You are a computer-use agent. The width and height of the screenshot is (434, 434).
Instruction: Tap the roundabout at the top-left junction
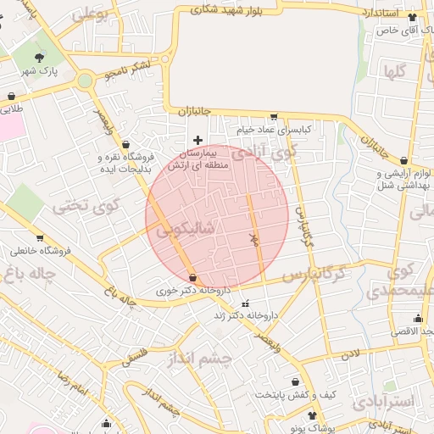coord(85,81)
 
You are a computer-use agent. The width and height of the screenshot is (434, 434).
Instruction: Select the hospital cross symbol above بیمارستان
coord(198,140)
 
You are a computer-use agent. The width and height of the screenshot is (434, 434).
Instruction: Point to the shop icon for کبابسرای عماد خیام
coord(274,118)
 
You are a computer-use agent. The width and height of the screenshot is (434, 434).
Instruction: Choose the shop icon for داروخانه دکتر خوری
coord(192,277)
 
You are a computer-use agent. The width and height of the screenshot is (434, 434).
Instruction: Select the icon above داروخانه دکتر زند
coord(246,303)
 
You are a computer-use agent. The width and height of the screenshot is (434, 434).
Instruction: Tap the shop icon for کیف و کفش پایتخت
coord(294,382)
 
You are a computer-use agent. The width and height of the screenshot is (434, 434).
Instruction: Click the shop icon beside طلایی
coord(11,96)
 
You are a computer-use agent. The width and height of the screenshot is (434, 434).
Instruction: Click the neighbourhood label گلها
coord(395,71)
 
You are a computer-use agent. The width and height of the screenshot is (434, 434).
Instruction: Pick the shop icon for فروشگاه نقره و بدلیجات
coord(125,144)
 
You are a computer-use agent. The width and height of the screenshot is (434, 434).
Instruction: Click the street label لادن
coord(352,352)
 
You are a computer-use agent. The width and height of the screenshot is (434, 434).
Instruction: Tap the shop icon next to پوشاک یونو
coord(313,415)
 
